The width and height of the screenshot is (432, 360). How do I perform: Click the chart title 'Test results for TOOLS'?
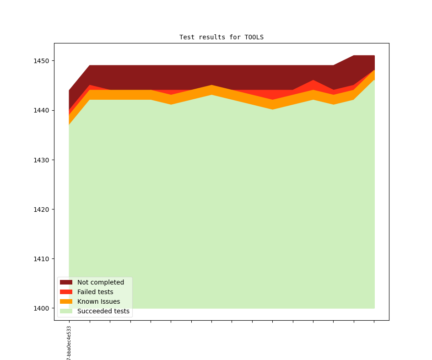click(x=221, y=37)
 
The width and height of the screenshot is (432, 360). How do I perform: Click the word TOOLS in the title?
click(x=254, y=37)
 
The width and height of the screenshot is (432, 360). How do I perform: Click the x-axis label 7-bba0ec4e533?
click(x=69, y=343)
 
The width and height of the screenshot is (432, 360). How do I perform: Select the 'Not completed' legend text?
click(x=101, y=282)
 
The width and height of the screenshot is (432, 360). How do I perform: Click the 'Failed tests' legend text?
click(x=95, y=292)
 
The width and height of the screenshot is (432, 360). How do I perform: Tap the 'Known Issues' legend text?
click(x=98, y=301)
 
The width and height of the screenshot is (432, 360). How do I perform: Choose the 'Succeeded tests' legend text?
click(x=103, y=311)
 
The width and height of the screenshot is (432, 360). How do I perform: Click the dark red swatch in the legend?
click(x=66, y=282)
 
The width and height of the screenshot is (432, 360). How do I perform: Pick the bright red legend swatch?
click(x=66, y=292)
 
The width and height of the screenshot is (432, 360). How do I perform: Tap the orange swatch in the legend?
click(x=66, y=301)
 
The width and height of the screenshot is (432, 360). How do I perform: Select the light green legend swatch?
click(x=66, y=311)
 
